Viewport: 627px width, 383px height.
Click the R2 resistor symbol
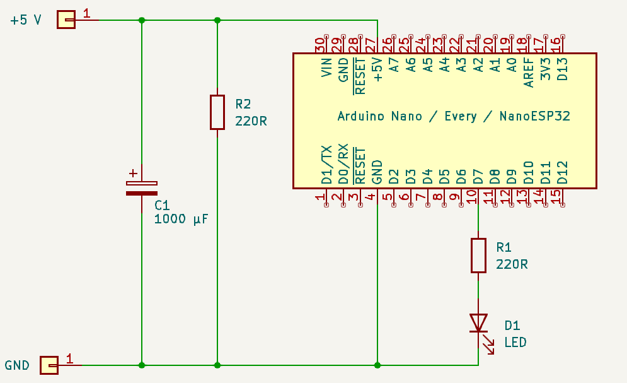[x=217, y=112]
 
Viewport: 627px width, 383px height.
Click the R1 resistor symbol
[x=478, y=255]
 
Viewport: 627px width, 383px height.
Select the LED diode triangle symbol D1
[x=478, y=323]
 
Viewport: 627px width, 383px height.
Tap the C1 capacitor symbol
[x=142, y=188]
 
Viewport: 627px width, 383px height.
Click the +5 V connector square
[x=66, y=20]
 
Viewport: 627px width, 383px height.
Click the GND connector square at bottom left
[x=49, y=365]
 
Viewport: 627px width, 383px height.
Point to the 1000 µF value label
[x=181, y=220]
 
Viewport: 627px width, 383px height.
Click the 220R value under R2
[x=251, y=121]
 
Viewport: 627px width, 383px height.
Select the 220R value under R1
[x=512, y=264]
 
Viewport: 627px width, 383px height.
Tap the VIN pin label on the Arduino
[x=326, y=67]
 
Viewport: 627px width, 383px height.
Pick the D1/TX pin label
[x=326, y=165]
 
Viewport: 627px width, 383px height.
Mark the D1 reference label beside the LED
[x=512, y=326]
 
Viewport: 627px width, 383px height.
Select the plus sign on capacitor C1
[x=132, y=173]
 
